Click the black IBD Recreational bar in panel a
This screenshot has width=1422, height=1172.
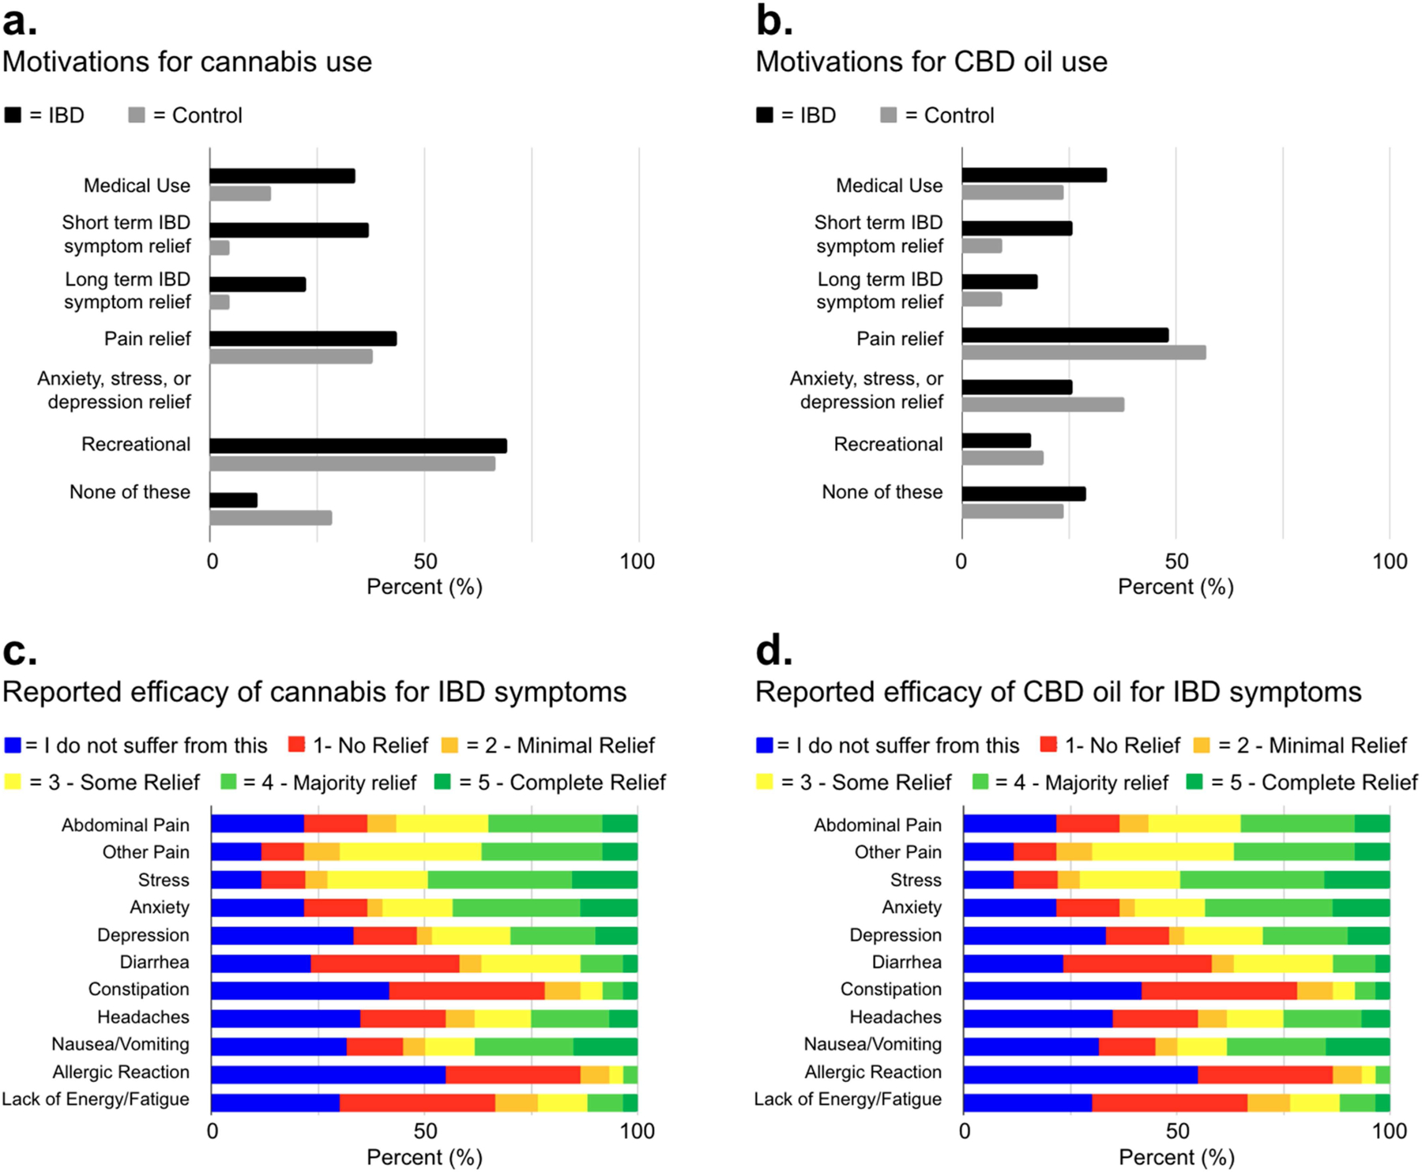[358, 445]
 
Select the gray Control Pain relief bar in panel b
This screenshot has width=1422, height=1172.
[1083, 352]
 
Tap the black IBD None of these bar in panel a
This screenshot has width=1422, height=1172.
[233, 500]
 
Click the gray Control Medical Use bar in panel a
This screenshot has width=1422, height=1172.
[240, 193]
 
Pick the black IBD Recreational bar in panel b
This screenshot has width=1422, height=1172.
[995, 440]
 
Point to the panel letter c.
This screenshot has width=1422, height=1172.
[20, 652]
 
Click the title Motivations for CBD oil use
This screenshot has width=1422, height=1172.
[931, 62]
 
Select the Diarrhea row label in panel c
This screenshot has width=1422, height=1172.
[154, 962]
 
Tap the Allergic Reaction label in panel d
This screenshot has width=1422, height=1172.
[872, 1072]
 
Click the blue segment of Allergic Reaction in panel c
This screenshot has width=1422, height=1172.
[328, 1074]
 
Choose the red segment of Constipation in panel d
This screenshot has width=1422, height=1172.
[1219, 990]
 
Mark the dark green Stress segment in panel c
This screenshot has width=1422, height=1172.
[604, 880]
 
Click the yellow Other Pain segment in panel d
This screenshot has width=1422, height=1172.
[1162, 851]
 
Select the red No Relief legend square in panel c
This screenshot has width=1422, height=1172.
[296, 745]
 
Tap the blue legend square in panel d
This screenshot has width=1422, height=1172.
[764, 745]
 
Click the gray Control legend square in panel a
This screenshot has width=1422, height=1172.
[137, 115]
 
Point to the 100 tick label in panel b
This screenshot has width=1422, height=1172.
[1389, 562]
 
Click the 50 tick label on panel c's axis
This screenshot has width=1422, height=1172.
[425, 1131]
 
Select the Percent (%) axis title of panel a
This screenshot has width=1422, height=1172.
[424, 587]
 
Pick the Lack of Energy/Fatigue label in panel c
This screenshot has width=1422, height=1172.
[96, 1099]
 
